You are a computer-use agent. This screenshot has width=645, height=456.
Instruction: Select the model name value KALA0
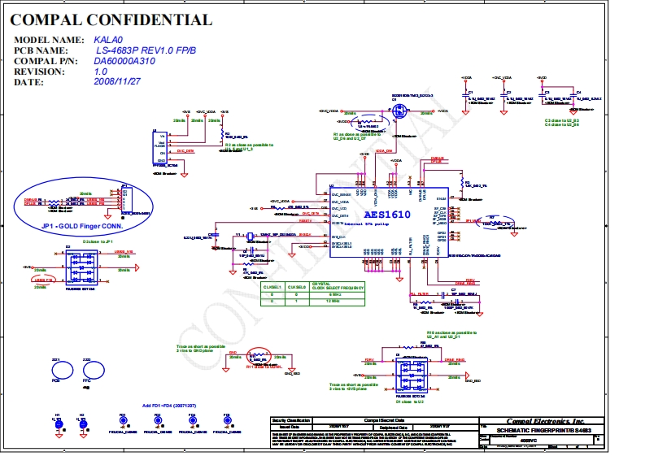(x=107, y=39)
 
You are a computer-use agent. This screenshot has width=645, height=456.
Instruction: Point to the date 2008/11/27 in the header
(x=117, y=82)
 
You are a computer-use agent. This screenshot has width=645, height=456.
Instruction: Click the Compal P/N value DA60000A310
(x=124, y=61)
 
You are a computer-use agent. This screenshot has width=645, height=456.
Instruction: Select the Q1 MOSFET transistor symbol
(x=399, y=112)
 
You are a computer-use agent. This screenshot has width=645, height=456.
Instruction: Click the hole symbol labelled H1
(x=58, y=424)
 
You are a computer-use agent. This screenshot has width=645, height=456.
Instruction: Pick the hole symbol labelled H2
(x=82, y=424)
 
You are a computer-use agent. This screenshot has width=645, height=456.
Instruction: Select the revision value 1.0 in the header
(x=100, y=72)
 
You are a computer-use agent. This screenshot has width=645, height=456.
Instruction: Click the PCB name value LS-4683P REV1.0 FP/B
(x=146, y=50)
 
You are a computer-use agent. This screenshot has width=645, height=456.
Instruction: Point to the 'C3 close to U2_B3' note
(x=561, y=120)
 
